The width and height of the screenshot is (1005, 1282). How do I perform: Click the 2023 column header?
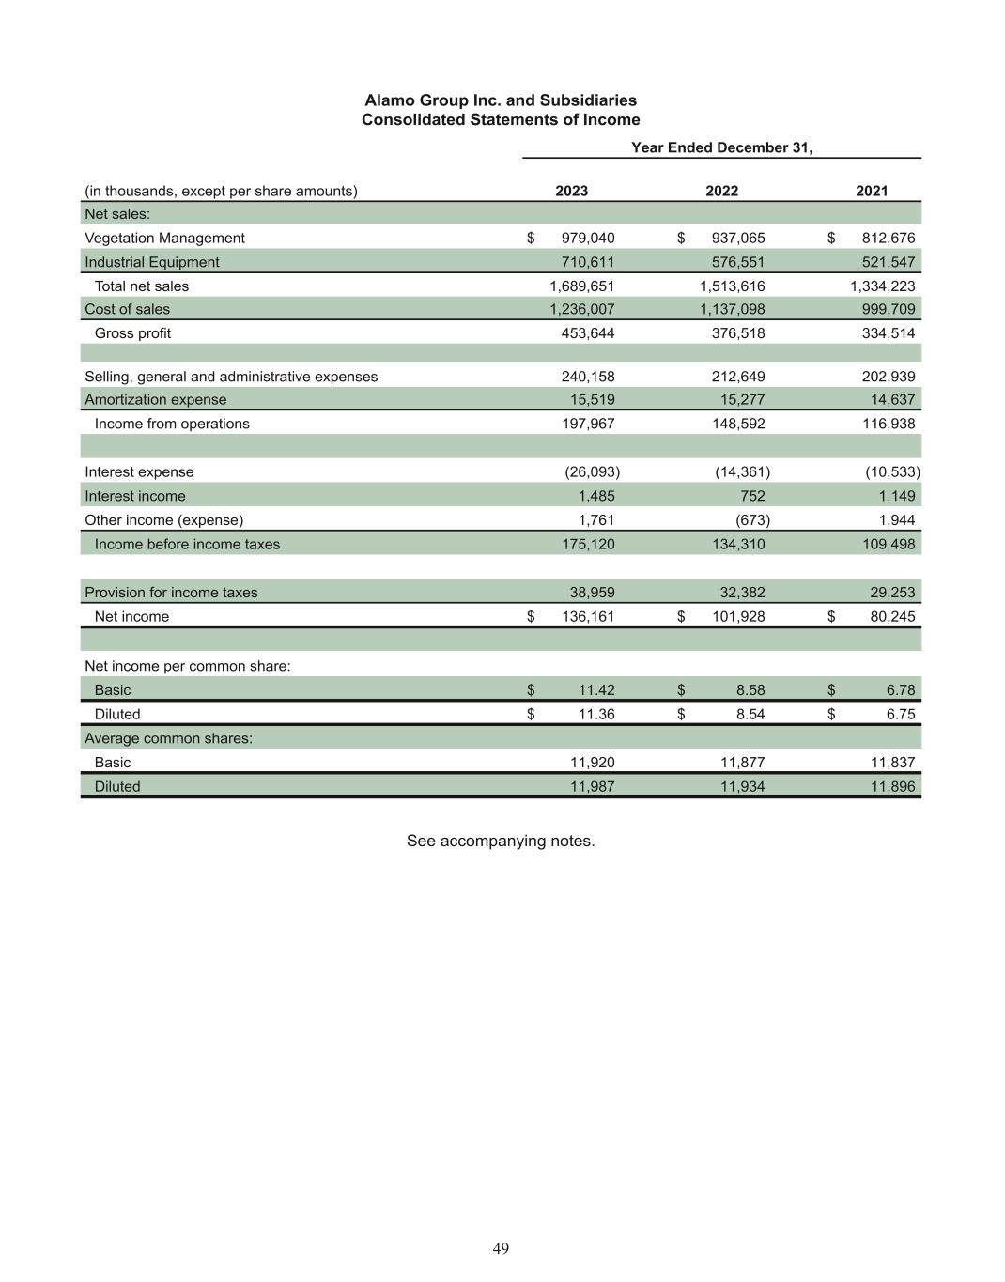click(x=571, y=191)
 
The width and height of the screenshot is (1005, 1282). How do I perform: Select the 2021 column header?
click(x=871, y=191)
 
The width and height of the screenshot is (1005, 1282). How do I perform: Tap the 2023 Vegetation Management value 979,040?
click(x=587, y=239)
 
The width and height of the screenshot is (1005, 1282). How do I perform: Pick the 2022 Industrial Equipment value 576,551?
click(x=737, y=262)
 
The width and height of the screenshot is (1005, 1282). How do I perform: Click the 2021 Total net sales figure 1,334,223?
click(x=882, y=286)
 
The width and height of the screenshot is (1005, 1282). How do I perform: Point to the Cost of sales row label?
click(x=128, y=309)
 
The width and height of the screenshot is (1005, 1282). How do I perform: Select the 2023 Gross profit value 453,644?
click(x=587, y=333)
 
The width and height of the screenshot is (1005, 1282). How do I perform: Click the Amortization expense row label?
click(x=156, y=400)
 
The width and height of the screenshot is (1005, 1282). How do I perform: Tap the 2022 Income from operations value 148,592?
click(x=737, y=424)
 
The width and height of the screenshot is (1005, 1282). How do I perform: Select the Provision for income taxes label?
click(x=171, y=593)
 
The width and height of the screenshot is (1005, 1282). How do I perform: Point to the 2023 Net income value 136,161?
click(x=587, y=617)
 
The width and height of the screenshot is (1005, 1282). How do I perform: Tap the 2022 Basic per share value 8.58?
click(x=750, y=690)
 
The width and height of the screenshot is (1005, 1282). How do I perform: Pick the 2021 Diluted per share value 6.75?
click(x=900, y=714)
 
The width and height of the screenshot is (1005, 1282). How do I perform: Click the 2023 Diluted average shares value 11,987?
click(x=593, y=787)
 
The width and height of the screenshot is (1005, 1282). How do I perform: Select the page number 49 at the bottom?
click(x=501, y=1248)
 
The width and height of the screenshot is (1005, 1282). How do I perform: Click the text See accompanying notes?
click(x=501, y=841)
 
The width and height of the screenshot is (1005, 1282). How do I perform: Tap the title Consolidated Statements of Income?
click(x=501, y=120)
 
